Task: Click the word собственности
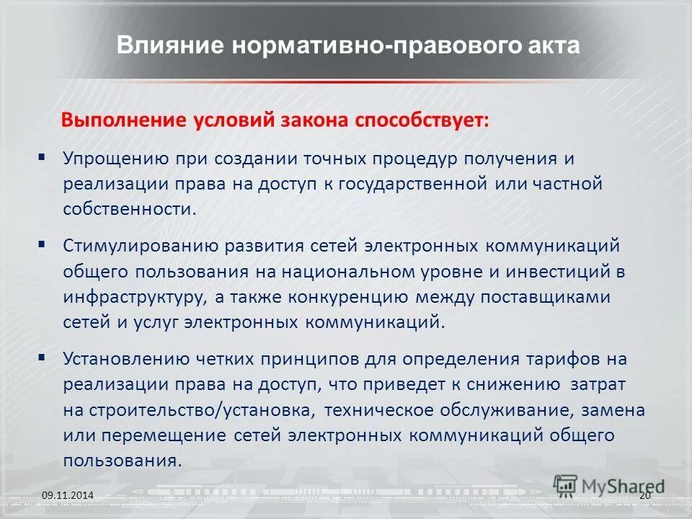[x=129, y=209]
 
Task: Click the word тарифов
[x=569, y=359]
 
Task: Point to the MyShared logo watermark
[x=609, y=487]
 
